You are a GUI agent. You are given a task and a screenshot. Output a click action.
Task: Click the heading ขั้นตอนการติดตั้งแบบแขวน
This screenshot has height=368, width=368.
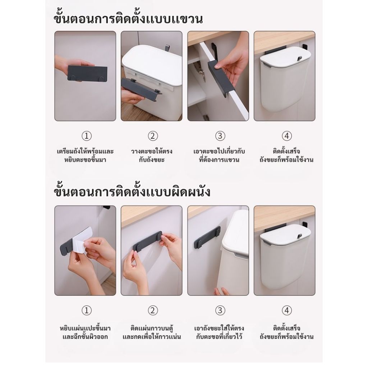click(128, 18)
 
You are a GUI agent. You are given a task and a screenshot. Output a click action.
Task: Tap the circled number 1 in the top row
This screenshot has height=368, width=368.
click(87, 136)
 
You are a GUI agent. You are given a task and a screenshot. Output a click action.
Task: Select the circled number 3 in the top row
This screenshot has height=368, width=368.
click(220, 136)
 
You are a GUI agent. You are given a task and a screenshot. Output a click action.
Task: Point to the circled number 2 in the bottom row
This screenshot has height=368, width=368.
click(153, 310)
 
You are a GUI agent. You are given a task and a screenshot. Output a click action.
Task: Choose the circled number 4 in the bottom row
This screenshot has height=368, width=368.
click(286, 310)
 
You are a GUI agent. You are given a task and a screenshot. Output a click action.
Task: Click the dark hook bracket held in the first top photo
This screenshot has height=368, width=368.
click(87, 73)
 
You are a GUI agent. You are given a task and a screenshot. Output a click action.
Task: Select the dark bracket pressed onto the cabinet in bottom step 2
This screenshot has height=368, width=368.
click(148, 242)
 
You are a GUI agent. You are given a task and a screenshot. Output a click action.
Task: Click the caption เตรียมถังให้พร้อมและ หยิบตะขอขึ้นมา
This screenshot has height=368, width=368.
click(85, 155)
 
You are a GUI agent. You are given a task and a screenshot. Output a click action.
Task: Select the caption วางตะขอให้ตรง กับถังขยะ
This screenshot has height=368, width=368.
click(152, 155)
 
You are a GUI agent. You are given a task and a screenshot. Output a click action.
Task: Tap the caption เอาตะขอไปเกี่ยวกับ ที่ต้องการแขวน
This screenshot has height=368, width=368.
click(219, 155)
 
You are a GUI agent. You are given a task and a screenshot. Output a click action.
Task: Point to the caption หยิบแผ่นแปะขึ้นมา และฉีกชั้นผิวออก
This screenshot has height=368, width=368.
click(85, 332)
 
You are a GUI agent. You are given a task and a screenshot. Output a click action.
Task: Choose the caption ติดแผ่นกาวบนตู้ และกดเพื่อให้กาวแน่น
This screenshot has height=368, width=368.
click(152, 332)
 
